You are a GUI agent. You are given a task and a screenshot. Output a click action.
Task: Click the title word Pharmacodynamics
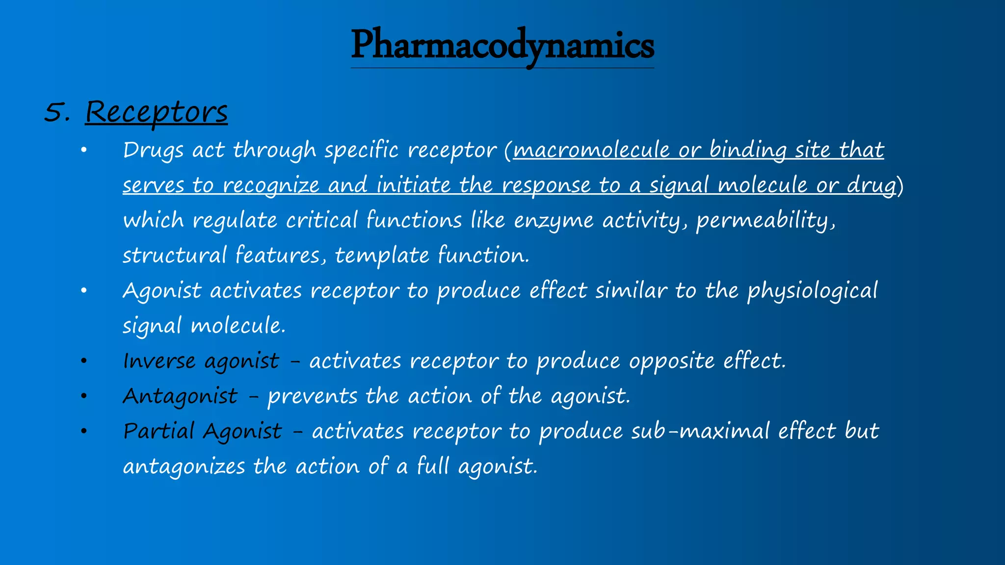(502, 46)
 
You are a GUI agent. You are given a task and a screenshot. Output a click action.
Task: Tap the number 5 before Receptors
(55, 112)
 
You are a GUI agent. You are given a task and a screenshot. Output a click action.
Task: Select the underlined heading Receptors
(156, 112)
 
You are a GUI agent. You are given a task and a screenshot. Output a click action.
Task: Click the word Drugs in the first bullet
(153, 150)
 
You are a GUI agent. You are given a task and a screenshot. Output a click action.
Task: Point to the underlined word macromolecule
(591, 150)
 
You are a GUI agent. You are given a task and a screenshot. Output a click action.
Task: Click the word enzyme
(554, 221)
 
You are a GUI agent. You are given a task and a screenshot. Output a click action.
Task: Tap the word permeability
(765, 221)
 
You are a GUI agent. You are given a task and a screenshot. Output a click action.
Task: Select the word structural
(174, 256)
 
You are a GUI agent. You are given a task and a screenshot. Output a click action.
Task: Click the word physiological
(812, 291)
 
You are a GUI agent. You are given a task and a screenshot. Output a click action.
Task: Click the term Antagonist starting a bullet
(180, 396)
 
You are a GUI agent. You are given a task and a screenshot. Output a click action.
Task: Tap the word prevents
(312, 396)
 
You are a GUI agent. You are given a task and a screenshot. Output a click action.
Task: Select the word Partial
(159, 431)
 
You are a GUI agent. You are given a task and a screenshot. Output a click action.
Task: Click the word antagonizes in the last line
(184, 466)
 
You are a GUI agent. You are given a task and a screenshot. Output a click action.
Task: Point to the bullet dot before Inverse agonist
(84, 361)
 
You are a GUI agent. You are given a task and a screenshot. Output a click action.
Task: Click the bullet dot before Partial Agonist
(84, 432)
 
